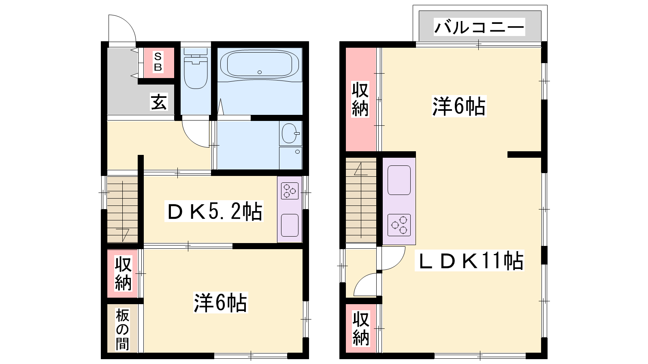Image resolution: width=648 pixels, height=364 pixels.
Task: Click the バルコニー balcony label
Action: coord(479,27)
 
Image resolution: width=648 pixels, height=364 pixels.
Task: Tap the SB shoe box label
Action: coord(158,62)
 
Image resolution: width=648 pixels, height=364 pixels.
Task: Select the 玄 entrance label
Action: coord(159,102)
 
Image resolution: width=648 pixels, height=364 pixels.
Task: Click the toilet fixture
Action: coord(196,69)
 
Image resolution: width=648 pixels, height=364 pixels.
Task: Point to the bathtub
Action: coord(260,64)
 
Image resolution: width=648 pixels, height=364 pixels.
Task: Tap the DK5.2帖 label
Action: coord(214,211)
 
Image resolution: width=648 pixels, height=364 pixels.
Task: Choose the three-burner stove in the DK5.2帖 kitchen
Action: coord(290,190)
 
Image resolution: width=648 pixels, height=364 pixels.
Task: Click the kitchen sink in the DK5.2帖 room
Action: coord(290,225)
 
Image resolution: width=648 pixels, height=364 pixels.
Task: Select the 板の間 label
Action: coord(122,329)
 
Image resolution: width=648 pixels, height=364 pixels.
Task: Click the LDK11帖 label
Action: coord(469,260)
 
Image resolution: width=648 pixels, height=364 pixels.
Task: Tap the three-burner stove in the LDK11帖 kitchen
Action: coord(399,225)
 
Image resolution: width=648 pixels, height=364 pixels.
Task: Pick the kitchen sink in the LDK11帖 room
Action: coord(399,180)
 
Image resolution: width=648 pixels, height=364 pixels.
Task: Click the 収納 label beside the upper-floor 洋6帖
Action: coord(360,99)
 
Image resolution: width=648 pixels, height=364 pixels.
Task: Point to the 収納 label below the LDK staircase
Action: coord(361,328)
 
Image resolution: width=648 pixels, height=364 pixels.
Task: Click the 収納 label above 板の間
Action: coord(123,273)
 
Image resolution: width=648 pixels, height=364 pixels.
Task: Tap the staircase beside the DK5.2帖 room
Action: coord(122,209)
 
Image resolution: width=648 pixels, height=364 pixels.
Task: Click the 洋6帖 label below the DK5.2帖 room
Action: coord(220,303)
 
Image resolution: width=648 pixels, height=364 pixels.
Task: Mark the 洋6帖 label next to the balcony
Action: coord(459,106)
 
